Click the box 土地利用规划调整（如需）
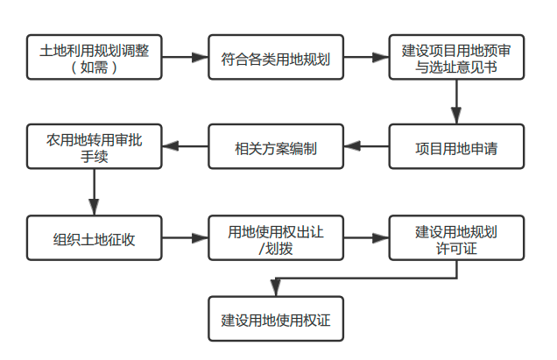tap(94, 57)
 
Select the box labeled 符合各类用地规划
tap(276, 57)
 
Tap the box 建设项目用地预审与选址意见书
tap(456, 57)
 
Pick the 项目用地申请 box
tap(456, 146)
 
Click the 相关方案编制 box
tap(276, 146)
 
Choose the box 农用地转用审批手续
tap(94, 146)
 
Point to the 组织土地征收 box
tap(94, 237)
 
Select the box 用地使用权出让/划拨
tap(276, 237)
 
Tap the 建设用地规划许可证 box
tap(456, 237)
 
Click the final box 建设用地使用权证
tap(276, 319)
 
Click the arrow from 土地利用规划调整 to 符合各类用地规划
tap(185, 57)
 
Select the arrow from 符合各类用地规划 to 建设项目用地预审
tap(366, 57)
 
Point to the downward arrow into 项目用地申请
tap(456, 102)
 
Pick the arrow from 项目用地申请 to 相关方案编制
tap(366, 146)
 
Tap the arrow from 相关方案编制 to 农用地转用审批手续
tap(185, 146)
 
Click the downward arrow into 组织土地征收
tap(94, 192)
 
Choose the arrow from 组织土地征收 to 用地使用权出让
tap(185, 237)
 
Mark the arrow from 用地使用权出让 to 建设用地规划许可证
tap(366, 237)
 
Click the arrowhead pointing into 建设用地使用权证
tap(276, 288)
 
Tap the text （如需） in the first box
tap(94, 67)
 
